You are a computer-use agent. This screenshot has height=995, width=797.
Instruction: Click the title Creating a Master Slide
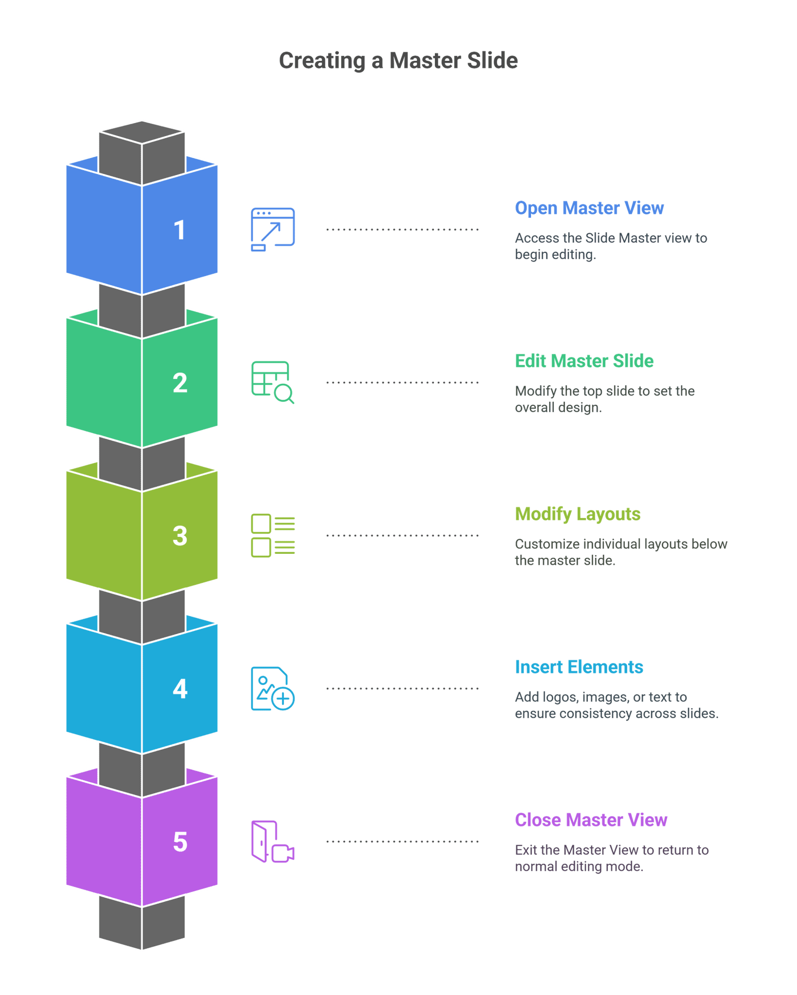pyautogui.click(x=398, y=60)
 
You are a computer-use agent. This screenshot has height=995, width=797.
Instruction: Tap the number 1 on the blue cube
pyautogui.click(x=179, y=230)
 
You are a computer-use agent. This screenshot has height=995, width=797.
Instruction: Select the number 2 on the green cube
pyautogui.click(x=180, y=383)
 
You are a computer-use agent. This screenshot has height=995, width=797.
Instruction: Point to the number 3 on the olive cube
pyautogui.click(x=180, y=536)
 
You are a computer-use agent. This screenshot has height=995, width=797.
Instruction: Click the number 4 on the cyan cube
pyautogui.click(x=180, y=688)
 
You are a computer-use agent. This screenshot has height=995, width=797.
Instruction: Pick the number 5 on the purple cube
pyautogui.click(x=180, y=841)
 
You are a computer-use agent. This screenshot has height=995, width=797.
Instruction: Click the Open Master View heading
pyautogui.click(x=589, y=208)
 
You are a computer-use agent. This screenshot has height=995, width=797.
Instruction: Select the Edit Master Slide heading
pyautogui.click(x=584, y=361)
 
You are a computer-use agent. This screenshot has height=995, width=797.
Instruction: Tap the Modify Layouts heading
pyautogui.click(x=577, y=514)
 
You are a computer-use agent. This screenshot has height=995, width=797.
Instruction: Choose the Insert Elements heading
pyautogui.click(x=579, y=667)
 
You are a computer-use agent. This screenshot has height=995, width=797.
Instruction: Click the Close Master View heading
pyautogui.click(x=591, y=820)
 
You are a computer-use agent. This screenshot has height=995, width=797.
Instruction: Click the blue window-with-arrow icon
pyautogui.click(x=272, y=229)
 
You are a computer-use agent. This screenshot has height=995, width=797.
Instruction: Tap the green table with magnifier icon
pyautogui.click(x=272, y=382)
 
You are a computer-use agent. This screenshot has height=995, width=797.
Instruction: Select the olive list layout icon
pyautogui.click(x=272, y=535)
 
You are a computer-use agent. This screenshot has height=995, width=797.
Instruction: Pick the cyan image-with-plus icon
pyautogui.click(x=272, y=688)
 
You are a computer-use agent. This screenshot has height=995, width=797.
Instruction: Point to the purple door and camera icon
pyautogui.click(x=272, y=841)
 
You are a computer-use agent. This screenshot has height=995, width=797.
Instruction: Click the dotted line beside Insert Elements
pyautogui.click(x=402, y=688)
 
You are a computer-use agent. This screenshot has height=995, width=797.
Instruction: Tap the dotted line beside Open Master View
pyautogui.click(x=402, y=230)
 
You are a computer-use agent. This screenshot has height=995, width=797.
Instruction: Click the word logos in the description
pyautogui.click(x=564, y=697)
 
